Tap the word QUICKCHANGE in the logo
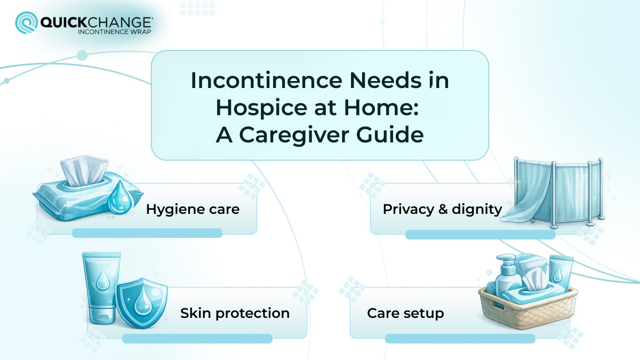(x=96, y=21)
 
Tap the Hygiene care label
(x=193, y=209)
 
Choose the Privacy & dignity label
(x=442, y=209)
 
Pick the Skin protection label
(x=235, y=313)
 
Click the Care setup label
(x=405, y=313)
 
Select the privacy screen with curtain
(x=555, y=190)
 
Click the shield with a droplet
(x=141, y=301)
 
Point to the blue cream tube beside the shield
(x=100, y=288)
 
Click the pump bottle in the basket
(x=508, y=275)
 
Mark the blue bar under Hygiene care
(x=147, y=233)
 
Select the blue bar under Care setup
(x=460, y=338)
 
